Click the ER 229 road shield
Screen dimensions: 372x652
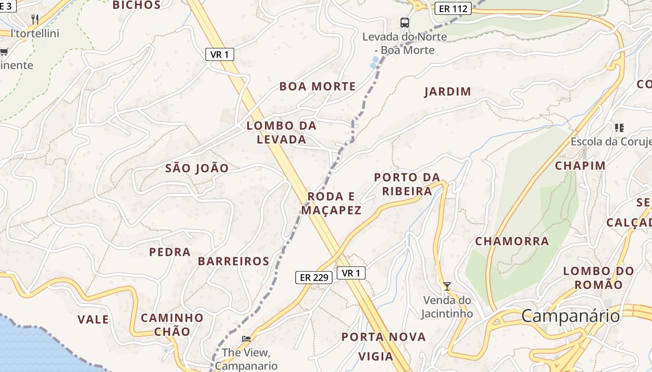pos(314,278)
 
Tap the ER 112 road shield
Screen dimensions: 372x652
pos(453,8)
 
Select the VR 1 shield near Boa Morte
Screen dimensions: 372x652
pos(219,54)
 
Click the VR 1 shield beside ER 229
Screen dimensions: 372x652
pos(351,273)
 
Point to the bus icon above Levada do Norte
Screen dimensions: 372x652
pos(405,22)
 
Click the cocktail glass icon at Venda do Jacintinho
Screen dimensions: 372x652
pos(447,286)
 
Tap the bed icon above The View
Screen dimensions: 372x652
pos(246,339)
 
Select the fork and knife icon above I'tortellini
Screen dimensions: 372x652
pos(35,19)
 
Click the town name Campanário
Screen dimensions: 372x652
pos(570,316)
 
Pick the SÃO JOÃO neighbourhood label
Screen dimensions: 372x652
pos(197,168)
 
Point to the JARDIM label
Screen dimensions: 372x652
pos(448,92)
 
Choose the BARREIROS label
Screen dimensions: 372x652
pos(233,261)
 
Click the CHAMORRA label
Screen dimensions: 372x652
pos(512,241)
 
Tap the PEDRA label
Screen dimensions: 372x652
pos(170,252)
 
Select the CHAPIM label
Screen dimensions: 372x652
pos(580,166)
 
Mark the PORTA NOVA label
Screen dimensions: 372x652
pos(383,337)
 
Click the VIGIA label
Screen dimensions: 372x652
pos(375,357)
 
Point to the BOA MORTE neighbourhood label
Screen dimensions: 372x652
pos(317,86)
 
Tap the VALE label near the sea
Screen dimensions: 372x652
pos(93,319)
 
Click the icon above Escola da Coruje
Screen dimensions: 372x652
pos(619,127)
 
